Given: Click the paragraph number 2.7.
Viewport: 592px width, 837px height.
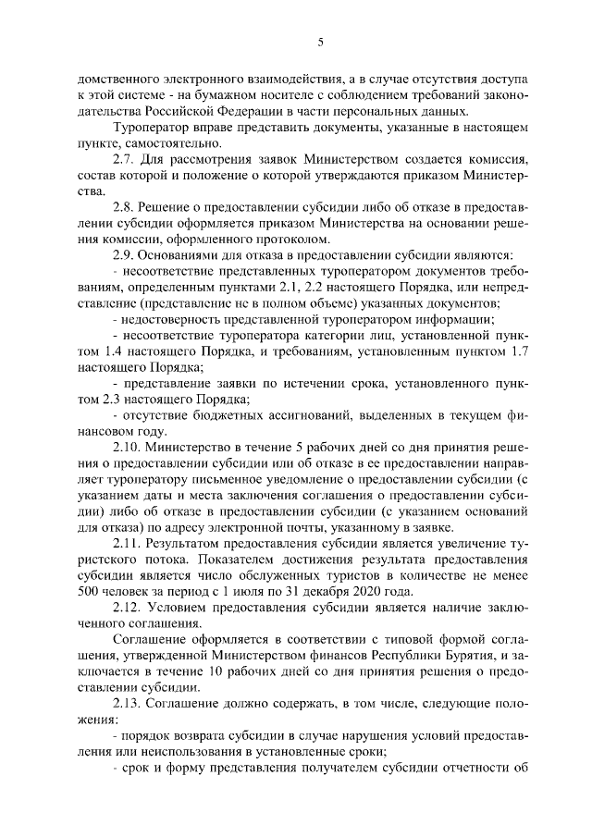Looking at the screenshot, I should [x=123, y=160].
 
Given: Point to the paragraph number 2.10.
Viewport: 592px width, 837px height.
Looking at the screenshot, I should [x=127, y=447].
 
